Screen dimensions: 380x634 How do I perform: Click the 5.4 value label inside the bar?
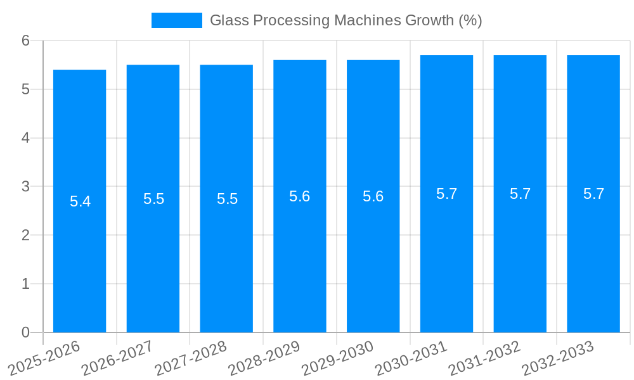[x=80, y=201]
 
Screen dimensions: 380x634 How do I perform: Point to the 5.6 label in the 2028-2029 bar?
[x=300, y=196]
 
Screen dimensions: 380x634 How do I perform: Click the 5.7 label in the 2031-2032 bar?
[x=520, y=194]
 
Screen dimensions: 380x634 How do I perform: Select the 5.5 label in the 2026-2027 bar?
[x=153, y=199]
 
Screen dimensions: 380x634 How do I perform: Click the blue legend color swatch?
[x=176, y=20]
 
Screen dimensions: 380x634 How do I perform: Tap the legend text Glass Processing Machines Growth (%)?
[x=346, y=20]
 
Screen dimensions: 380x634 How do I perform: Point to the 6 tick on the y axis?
[x=26, y=41]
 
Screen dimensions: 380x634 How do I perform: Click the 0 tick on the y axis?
[x=26, y=332]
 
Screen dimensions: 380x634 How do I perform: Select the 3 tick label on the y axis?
[x=26, y=187]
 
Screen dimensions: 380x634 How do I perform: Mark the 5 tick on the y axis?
[x=26, y=89]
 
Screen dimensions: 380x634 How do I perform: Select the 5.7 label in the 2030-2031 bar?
[x=446, y=194]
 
